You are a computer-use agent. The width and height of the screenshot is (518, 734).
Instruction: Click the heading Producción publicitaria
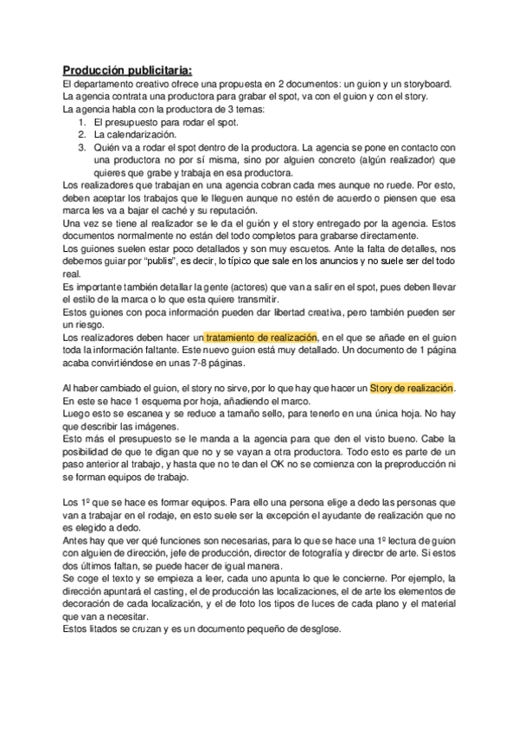[128, 70]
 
